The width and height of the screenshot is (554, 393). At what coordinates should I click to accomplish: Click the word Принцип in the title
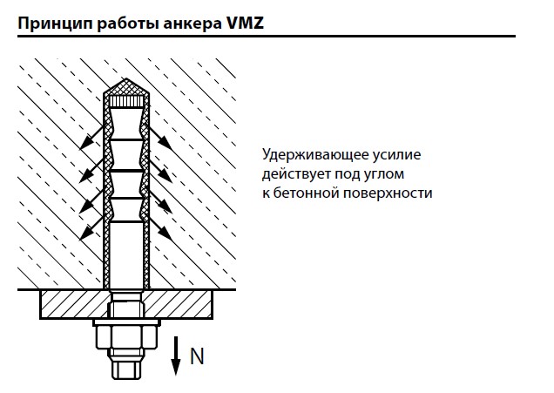tap(51, 24)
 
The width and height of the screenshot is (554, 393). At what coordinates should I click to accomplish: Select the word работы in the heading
tap(125, 24)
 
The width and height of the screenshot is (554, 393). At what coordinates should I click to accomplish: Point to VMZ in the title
tap(245, 24)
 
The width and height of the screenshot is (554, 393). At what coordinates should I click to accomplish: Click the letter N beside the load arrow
tap(198, 356)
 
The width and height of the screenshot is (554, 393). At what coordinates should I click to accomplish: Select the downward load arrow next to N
tap(175, 356)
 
